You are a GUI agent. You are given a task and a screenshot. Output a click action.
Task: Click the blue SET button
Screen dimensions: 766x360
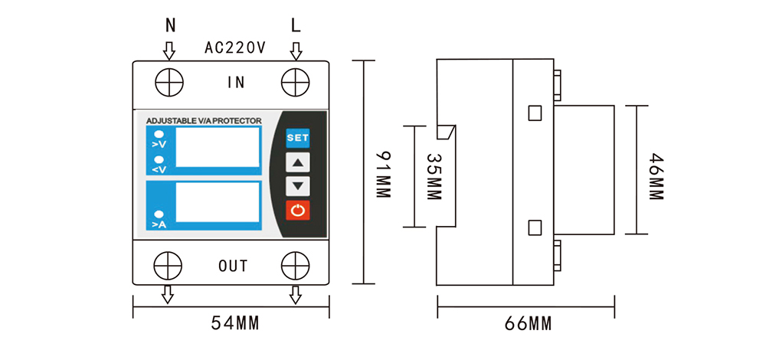coord(297,138)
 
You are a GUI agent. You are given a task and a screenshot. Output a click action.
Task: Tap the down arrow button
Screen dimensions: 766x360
coord(297,185)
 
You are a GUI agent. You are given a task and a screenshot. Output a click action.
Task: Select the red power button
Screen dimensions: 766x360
coord(297,211)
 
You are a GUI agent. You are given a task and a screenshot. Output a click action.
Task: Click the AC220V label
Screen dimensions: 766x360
coord(234,47)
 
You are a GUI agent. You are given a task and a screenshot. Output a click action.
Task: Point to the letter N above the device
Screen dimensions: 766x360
coord(170,25)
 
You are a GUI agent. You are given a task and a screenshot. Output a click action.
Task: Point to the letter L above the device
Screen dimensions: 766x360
coord(296,25)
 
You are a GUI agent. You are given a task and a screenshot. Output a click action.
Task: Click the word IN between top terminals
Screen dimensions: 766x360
coord(236,83)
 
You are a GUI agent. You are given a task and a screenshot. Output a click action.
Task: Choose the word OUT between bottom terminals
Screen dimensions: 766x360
coord(233,267)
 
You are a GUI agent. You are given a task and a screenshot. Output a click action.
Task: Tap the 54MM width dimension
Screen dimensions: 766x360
coord(234,323)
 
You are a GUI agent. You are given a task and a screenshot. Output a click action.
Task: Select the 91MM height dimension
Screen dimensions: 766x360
coord(384,175)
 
